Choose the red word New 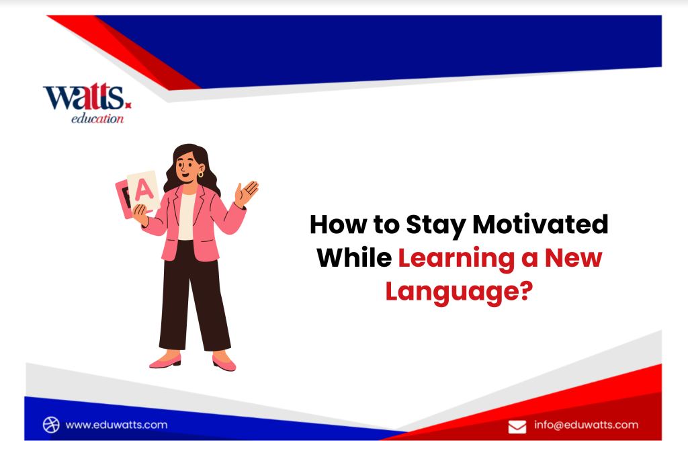click(x=572, y=258)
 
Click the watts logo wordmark click(x=85, y=97)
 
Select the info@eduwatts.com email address click(x=586, y=425)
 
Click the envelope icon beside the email click(x=517, y=426)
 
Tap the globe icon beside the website click(x=52, y=425)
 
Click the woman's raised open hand click(x=248, y=192)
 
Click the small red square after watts click(x=129, y=105)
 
